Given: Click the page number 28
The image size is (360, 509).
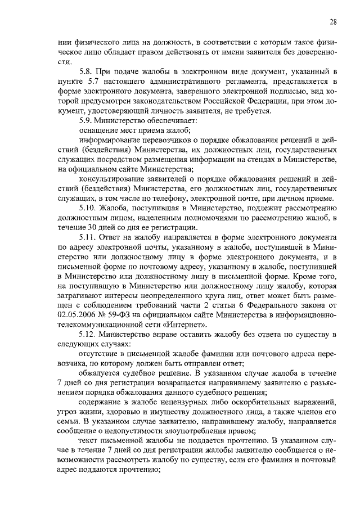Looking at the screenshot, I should [x=334, y=22].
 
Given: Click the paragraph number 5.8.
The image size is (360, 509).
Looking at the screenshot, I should [x=85, y=73].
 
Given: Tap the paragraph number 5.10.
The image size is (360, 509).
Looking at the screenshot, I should [x=87, y=209].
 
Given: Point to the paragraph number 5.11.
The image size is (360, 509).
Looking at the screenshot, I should [x=87, y=238].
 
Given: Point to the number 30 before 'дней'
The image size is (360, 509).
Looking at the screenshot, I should [x=87, y=228].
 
